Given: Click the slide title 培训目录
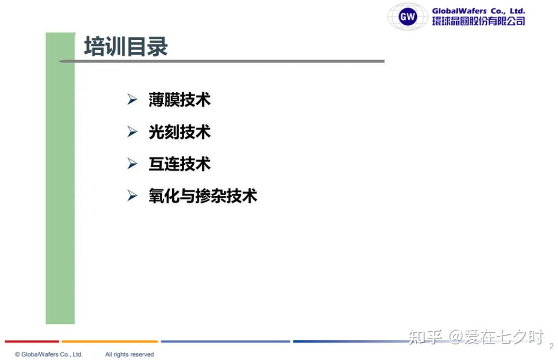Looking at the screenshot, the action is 126,46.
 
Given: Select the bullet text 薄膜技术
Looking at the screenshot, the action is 180,100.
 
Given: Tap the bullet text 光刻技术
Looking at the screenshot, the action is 180,132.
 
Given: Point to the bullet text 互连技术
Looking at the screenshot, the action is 180,164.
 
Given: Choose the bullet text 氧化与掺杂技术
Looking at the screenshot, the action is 203,196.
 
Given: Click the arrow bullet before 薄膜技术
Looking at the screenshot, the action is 132,99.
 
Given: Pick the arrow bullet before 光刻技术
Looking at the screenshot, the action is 132,132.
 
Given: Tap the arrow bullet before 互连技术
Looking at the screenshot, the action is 132,164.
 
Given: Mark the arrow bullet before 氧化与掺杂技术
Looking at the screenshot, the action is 132,196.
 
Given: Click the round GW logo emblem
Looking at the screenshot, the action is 408,17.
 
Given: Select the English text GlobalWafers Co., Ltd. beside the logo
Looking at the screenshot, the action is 478,11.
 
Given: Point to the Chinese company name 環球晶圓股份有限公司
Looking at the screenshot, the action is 478,21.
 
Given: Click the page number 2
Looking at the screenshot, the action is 552,346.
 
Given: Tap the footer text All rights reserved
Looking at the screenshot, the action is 130,354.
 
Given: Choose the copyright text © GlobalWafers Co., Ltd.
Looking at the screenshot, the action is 49,354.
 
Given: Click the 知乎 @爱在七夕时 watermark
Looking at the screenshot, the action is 476,337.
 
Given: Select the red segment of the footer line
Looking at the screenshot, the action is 32,341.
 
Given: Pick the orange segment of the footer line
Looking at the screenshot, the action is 110,341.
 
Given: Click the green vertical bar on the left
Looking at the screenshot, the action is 60,178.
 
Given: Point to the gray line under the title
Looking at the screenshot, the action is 222,61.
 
